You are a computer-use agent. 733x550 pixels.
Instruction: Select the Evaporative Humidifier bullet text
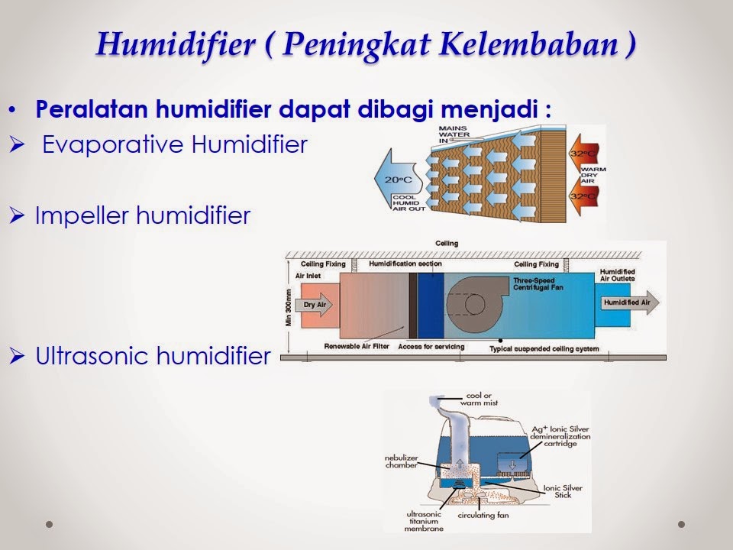coord(175,144)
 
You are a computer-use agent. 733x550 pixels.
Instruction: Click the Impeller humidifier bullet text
coord(143,216)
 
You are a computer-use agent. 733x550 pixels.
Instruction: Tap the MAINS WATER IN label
coord(453,134)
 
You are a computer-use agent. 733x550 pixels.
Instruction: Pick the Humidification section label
coord(405,264)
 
